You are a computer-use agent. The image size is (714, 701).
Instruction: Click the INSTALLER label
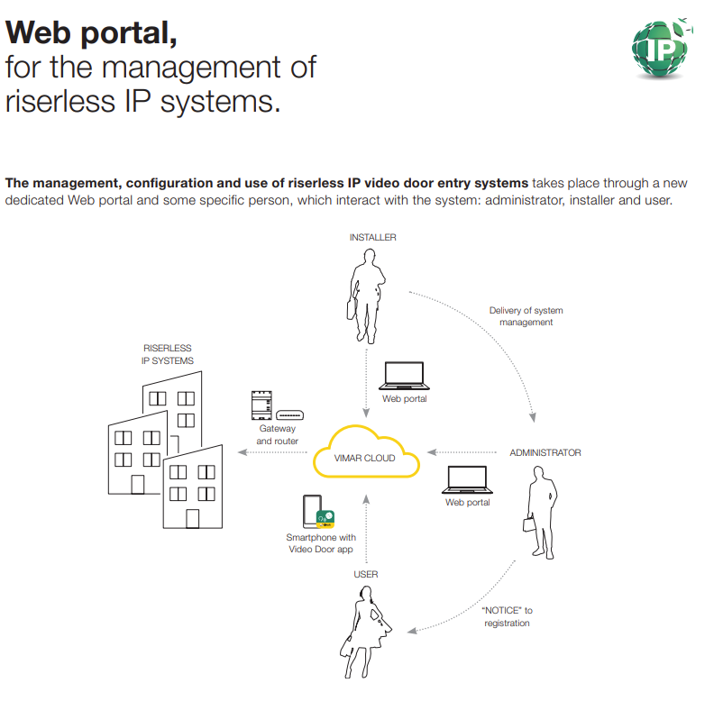372,238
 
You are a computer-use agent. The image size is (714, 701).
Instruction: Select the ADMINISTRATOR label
545,452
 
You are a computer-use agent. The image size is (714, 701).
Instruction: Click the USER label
365,574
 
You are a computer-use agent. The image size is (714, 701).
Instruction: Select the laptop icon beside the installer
403,376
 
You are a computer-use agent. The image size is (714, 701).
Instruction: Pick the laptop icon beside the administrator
466,479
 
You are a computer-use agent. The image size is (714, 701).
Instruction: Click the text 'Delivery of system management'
526,316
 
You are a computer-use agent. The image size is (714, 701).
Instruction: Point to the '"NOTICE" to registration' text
507,617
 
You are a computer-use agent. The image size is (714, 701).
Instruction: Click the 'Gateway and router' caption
277,435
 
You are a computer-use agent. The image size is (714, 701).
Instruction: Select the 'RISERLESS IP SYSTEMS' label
168,354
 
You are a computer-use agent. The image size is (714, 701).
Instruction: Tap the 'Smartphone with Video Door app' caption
321,543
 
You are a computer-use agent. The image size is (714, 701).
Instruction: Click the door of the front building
192,518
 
